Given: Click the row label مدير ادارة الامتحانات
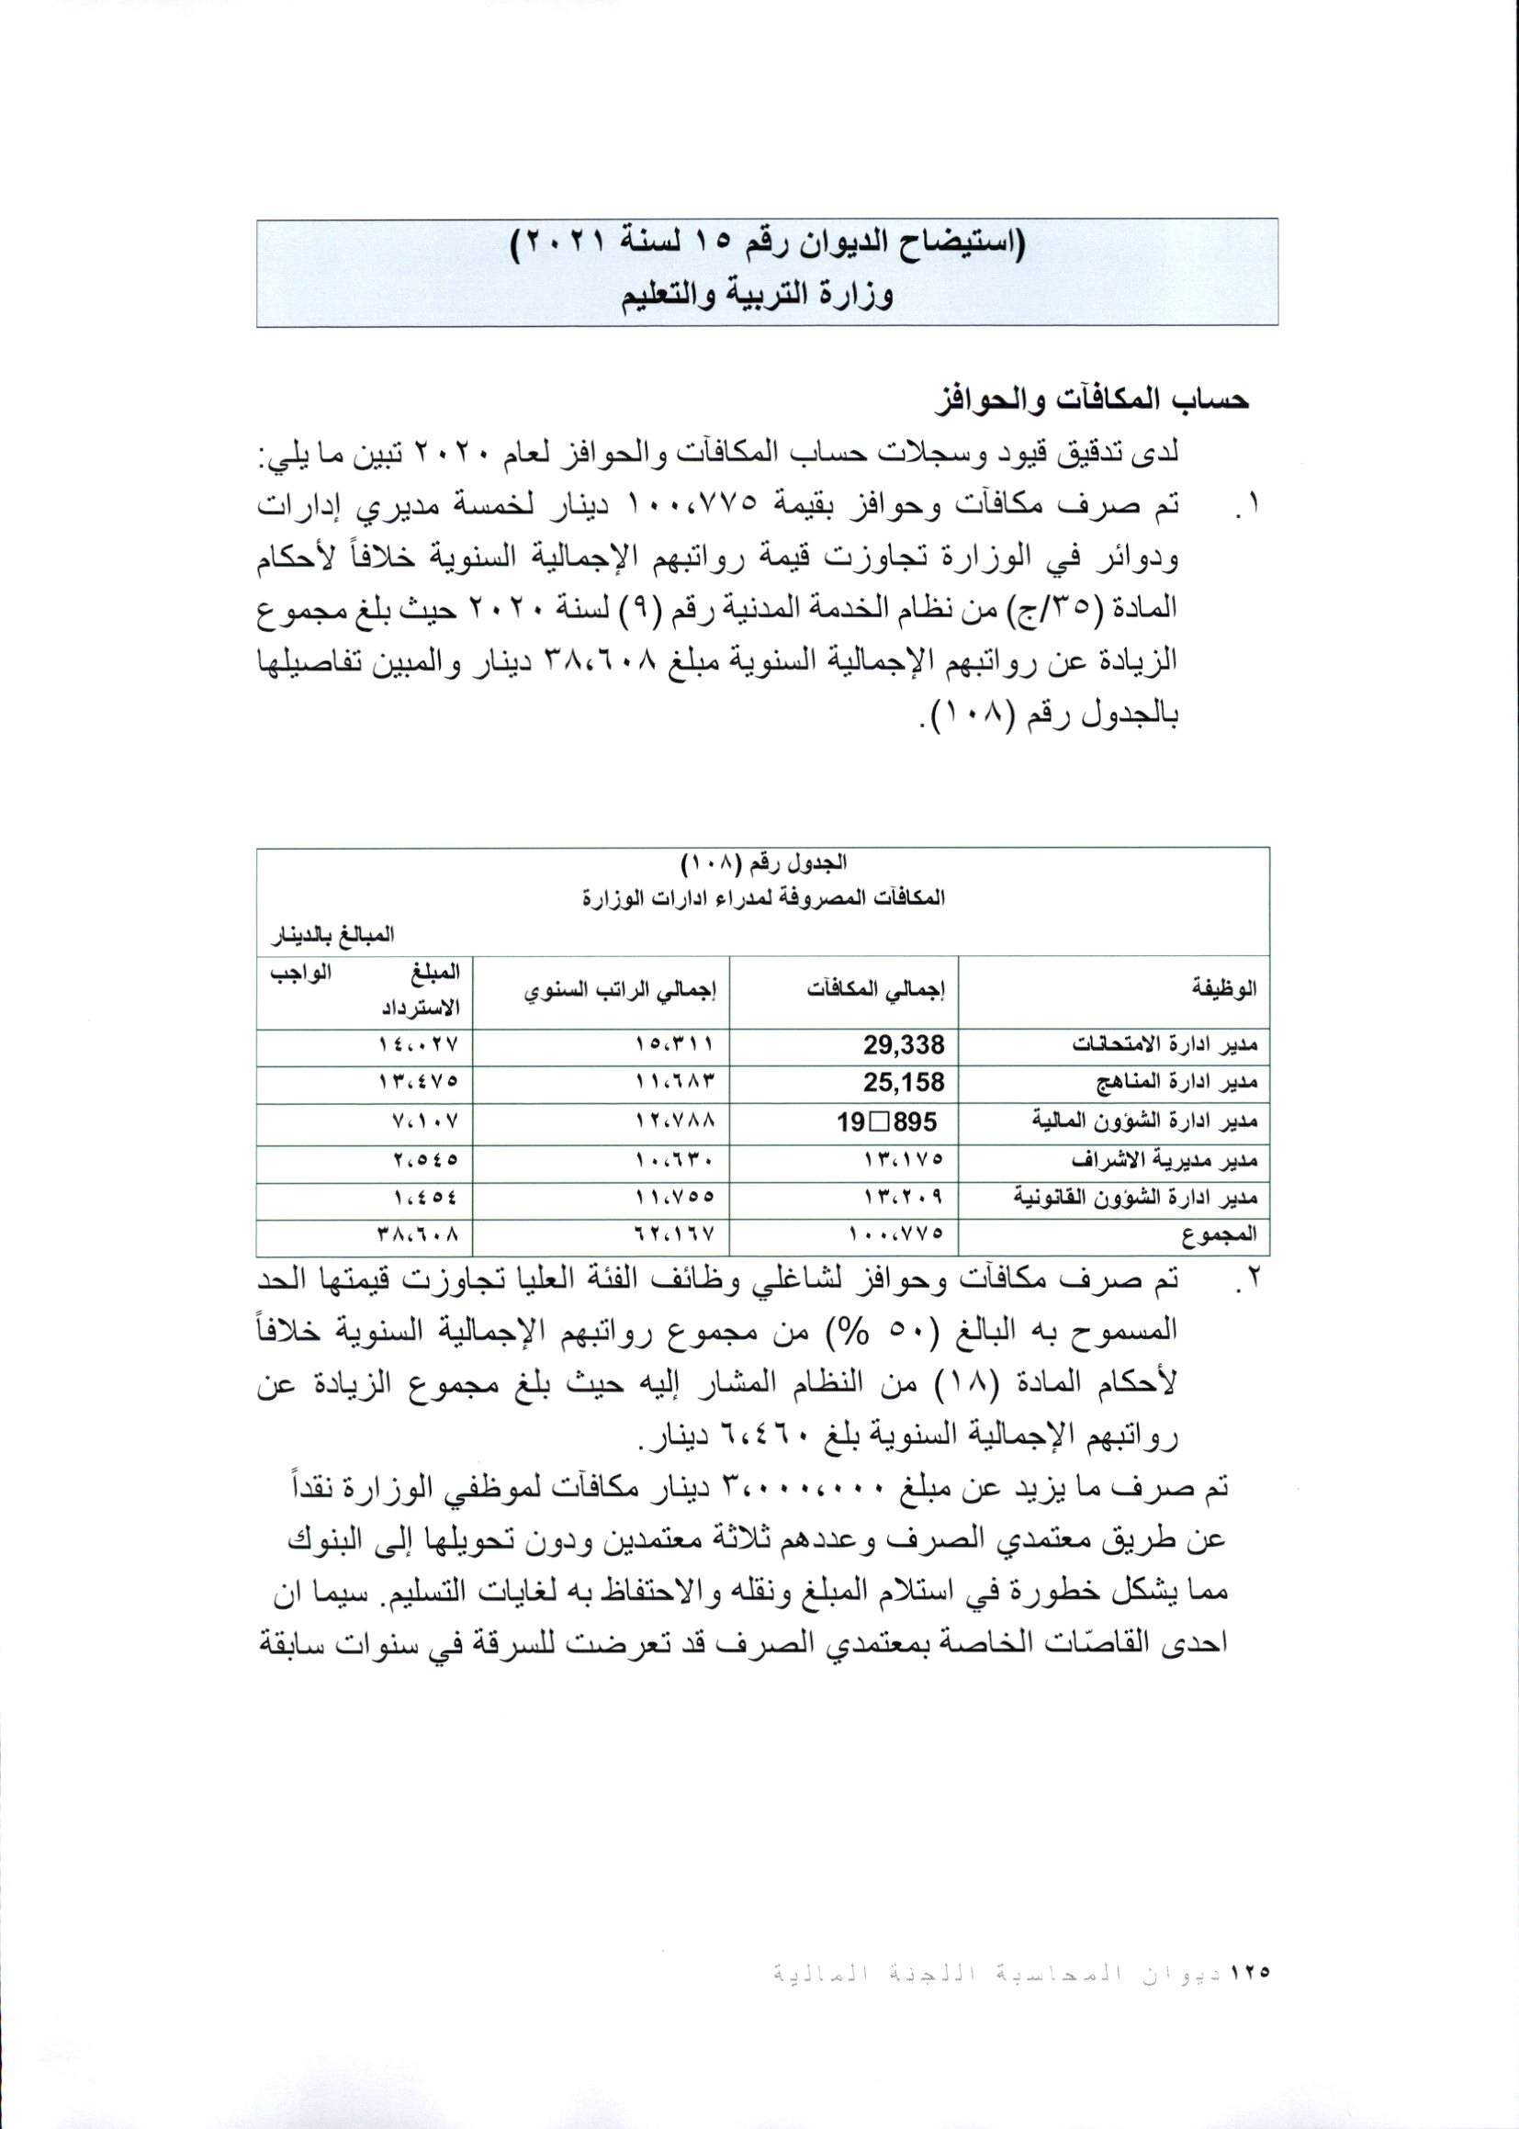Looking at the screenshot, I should (1164, 1044).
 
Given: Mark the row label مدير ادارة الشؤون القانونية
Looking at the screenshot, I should (1136, 1198).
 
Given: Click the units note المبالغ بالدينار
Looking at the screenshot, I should (332, 933).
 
